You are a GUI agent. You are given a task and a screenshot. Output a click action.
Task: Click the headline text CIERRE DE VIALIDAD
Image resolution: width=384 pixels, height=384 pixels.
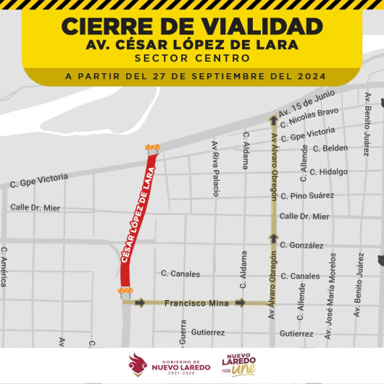point(191,26)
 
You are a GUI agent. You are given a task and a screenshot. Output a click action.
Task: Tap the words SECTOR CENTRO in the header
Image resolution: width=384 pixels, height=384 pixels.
point(191,57)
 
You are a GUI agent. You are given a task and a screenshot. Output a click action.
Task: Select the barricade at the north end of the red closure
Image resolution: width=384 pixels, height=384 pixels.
point(152,148)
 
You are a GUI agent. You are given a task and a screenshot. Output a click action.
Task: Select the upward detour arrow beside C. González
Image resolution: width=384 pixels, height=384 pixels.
point(273,237)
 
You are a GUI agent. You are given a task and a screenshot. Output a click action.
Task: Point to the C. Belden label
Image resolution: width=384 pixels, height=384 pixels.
point(330,148)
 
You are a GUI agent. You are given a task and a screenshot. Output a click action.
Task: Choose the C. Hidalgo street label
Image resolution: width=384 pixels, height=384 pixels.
point(328,172)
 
